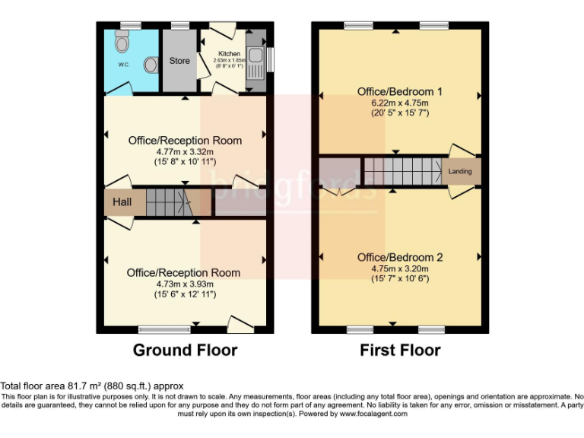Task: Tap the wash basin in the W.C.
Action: [x=150, y=65]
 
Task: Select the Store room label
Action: [x=179, y=61]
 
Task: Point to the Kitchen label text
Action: [x=230, y=54]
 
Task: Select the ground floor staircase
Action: [x=167, y=202]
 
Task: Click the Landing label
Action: [x=460, y=172]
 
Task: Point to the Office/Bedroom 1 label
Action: [x=400, y=91]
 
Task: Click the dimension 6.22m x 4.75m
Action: [x=400, y=103]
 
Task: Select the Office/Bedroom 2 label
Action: [x=400, y=257]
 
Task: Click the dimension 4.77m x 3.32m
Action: [x=185, y=151]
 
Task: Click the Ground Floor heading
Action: [x=185, y=351]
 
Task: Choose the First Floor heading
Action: [x=400, y=351]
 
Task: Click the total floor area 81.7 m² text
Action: [x=91, y=386]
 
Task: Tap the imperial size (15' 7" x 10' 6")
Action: [x=400, y=279]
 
